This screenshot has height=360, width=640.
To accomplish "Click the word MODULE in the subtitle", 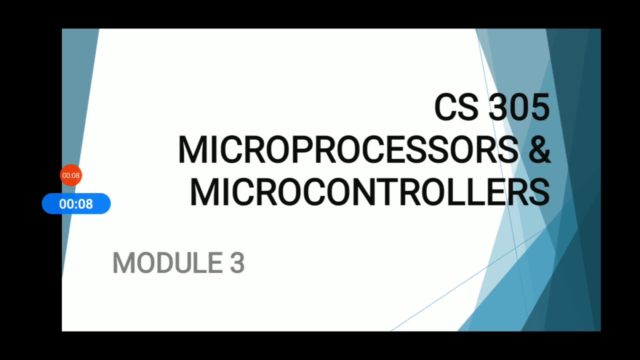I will tap(167, 263).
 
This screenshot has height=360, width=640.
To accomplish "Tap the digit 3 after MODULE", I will tap(237, 263).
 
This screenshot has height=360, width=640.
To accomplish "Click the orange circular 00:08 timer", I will tap(71, 175).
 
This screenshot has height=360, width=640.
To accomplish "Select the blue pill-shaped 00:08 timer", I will tap(76, 204).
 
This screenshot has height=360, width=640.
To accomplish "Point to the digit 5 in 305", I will tap(539, 107).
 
